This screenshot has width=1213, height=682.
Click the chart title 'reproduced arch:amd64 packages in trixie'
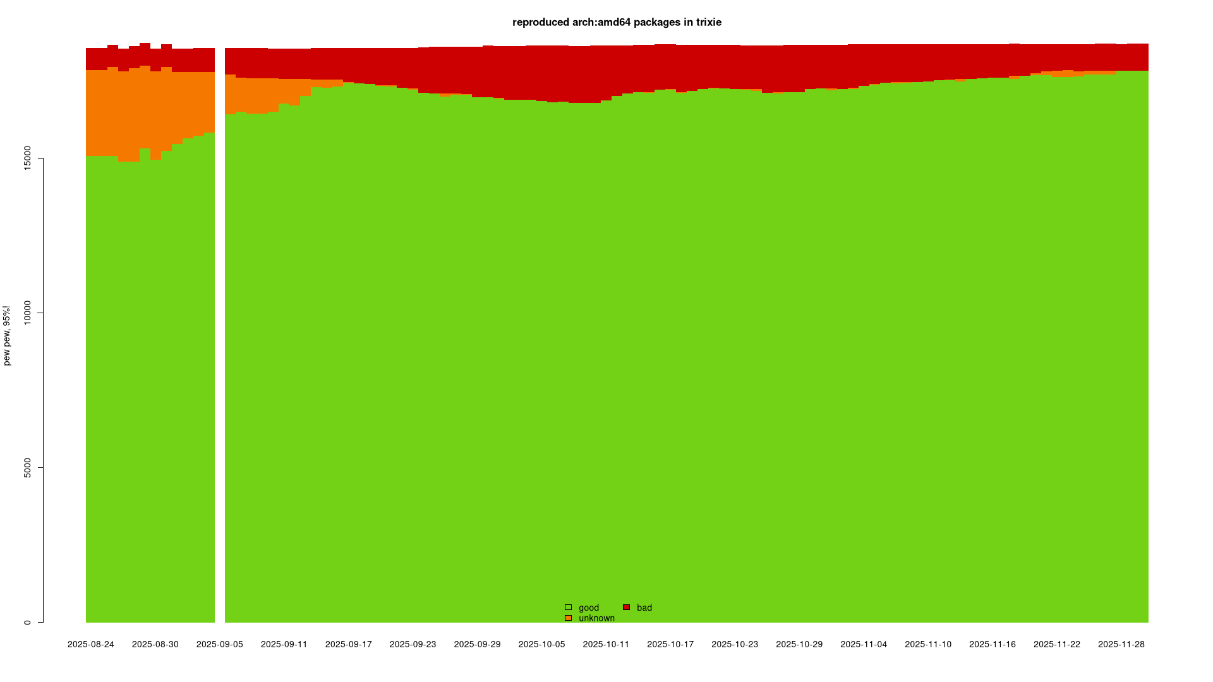[x=617, y=23]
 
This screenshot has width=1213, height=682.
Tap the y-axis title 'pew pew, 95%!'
[x=7, y=335]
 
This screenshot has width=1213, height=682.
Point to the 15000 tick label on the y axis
[x=27, y=158]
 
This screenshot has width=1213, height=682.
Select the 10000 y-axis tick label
[x=27, y=313]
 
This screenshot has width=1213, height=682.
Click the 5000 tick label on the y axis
[x=27, y=467]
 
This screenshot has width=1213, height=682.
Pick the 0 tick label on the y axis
[x=27, y=622]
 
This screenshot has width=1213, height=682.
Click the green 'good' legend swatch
[x=568, y=607]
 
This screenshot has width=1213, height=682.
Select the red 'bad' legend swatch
[x=626, y=607]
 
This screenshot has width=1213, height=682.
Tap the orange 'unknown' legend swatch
[x=568, y=618]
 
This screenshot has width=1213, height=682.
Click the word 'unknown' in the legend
[x=596, y=618]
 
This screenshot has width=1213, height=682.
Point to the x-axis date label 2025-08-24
[x=91, y=645]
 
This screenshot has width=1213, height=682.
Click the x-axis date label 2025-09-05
[x=220, y=645]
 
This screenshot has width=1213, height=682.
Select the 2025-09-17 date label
[x=349, y=645]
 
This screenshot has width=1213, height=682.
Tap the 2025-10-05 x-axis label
[x=541, y=645]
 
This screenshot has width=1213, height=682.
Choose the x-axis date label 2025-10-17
[x=670, y=645]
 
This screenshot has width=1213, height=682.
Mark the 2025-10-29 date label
[x=799, y=645]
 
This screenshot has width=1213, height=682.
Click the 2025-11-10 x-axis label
[x=928, y=645]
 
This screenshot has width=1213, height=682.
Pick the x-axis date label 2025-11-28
[x=1121, y=645]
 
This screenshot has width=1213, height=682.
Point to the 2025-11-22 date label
[x=1057, y=645]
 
